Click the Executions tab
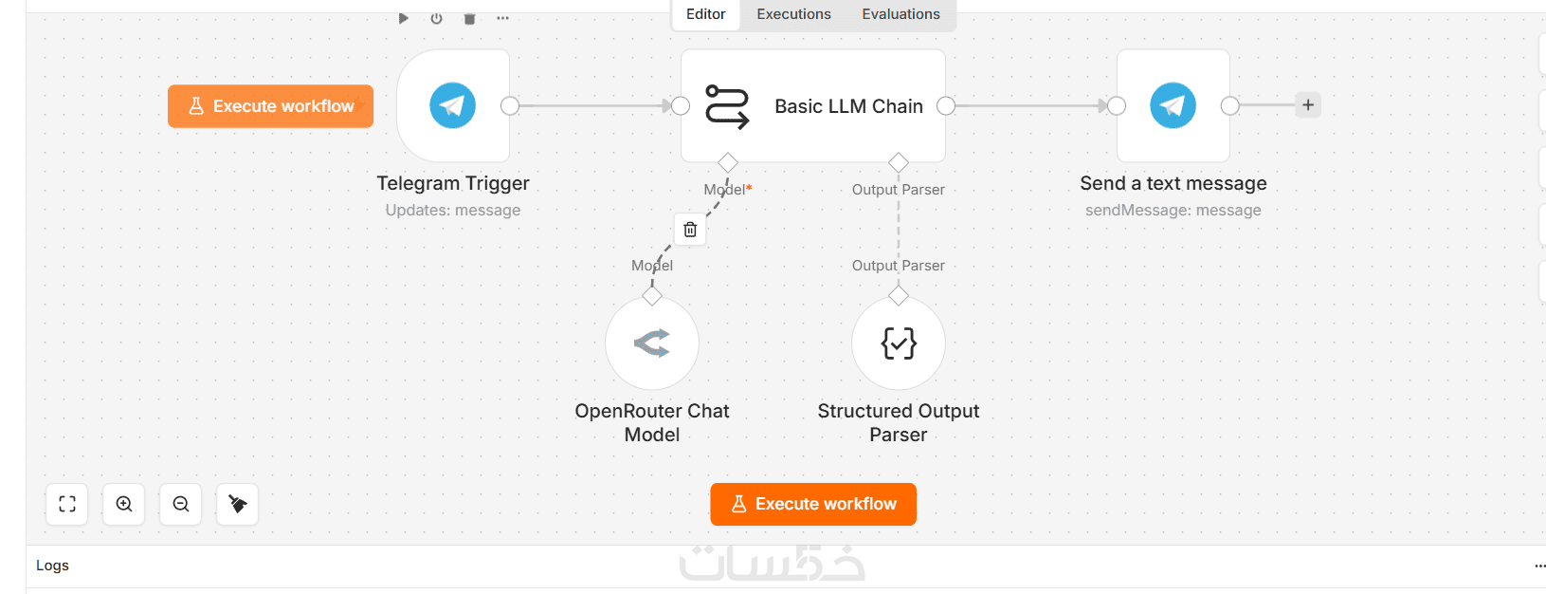(793, 14)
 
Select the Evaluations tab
(900, 14)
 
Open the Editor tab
(705, 14)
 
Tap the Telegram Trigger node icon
(453, 105)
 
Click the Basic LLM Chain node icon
(727, 106)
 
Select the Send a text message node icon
(1173, 105)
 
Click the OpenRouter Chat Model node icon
(652, 343)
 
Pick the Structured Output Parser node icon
(899, 343)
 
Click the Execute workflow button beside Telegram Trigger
(270, 106)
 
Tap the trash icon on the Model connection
(690, 230)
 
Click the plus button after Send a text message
(1308, 105)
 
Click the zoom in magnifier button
(124, 504)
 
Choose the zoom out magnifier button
(181, 504)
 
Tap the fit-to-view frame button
(67, 504)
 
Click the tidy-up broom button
(237, 504)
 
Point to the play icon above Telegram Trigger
(404, 19)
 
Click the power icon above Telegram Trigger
(436, 19)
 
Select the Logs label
(52, 566)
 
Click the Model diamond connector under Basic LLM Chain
(727, 163)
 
